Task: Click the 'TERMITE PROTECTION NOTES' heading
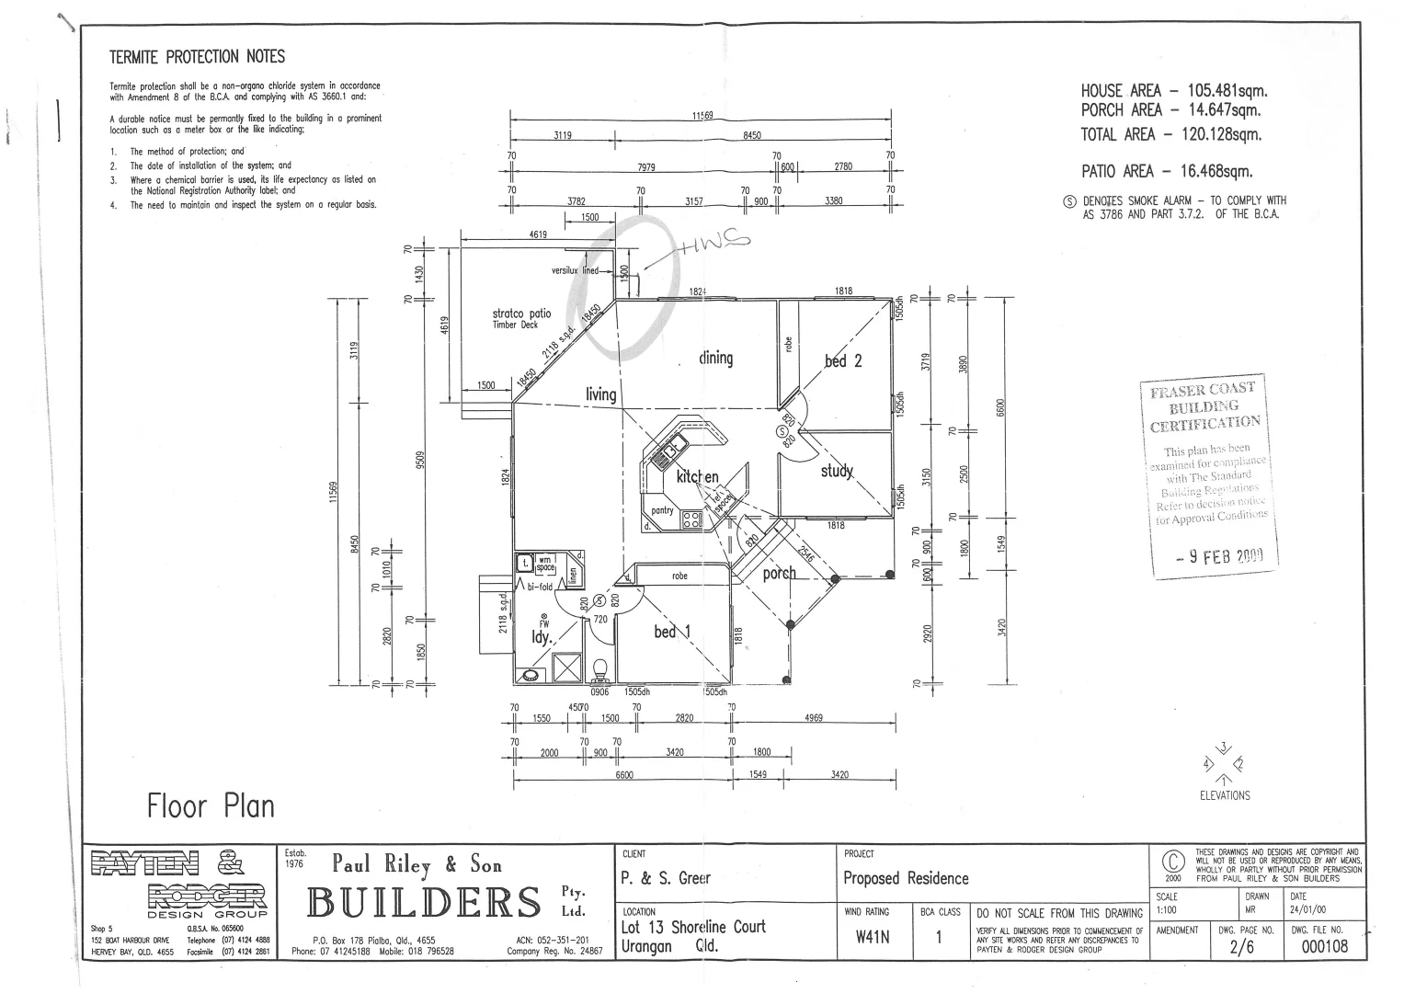point(198,57)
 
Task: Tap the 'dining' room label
point(715,358)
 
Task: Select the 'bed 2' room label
point(843,360)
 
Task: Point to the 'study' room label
point(837,471)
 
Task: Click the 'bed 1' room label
point(671,631)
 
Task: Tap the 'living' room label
point(600,394)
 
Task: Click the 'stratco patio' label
point(521,314)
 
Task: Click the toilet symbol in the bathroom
point(601,668)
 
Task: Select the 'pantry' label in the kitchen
point(662,510)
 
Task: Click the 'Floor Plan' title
point(211,806)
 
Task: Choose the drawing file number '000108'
point(1324,947)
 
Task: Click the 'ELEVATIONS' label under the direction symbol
point(1225,795)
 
